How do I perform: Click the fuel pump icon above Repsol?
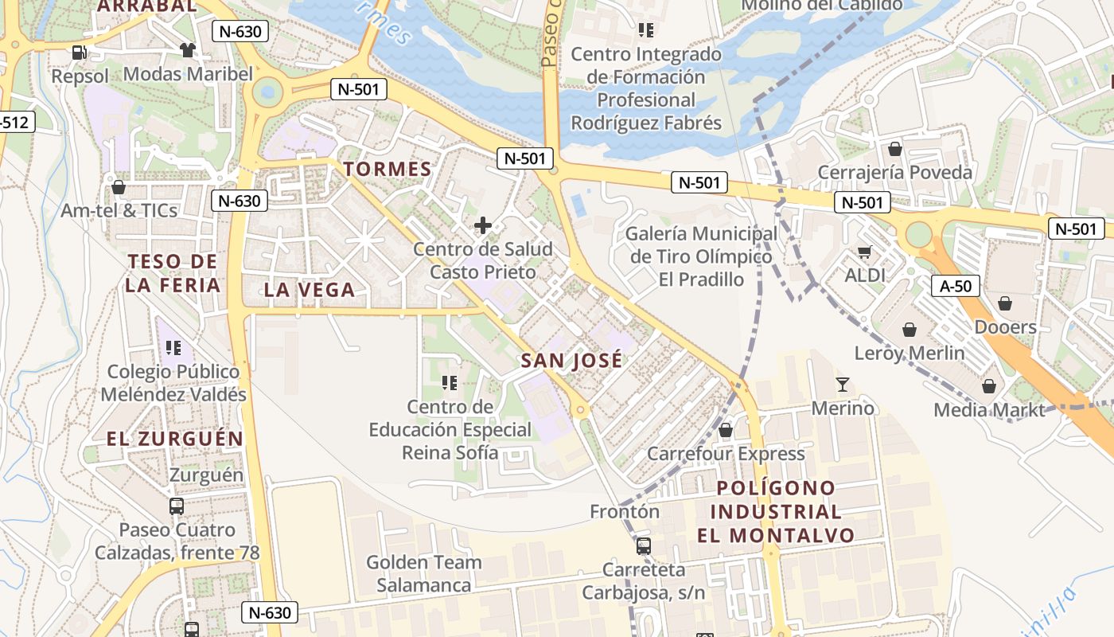pos(79,53)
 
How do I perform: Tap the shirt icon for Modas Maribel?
pos(187,51)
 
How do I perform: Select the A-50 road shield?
pos(955,286)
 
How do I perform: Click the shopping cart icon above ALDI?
pos(865,252)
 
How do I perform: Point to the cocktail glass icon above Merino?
pos(843,385)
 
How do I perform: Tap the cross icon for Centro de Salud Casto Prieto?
pos(482,226)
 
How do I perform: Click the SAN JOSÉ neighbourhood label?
pos(571,361)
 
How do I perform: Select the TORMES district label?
pos(387,169)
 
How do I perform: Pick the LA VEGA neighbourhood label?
pos(309,290)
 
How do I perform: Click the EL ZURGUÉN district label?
pos(175,439)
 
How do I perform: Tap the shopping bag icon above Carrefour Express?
pos(726,431)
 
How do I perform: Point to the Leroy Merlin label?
pos(910,353)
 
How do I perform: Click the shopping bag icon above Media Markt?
pos(988,387)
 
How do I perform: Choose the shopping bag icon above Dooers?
pos(1005,303)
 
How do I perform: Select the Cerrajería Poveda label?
pos(895,173)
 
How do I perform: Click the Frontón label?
pos(625,511)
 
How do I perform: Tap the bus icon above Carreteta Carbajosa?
pos(643,546)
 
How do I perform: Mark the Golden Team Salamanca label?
pos(423,573)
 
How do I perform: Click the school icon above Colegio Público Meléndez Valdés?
pos(173,348)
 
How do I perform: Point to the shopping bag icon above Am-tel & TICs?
pos(119,187)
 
